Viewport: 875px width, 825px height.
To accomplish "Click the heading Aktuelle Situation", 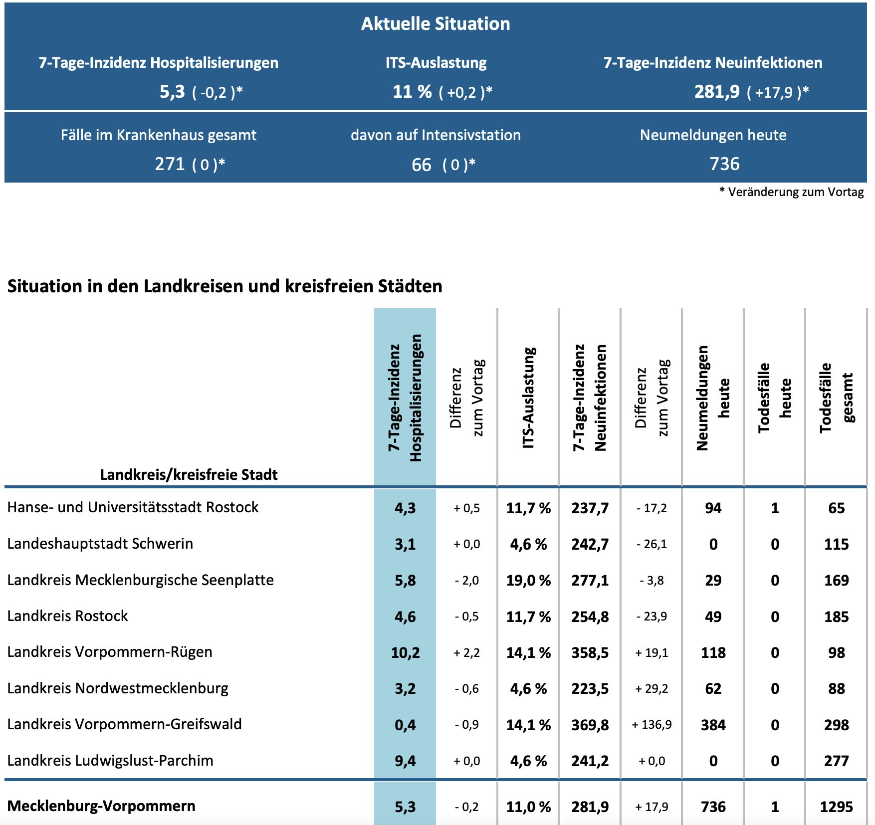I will [436, 23].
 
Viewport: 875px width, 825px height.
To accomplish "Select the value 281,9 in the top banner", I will [717, 92].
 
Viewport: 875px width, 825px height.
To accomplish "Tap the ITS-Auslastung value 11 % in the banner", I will [412, 92].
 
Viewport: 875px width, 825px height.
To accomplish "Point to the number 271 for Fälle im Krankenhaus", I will [170, 164].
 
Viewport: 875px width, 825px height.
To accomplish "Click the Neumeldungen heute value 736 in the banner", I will [724, 164].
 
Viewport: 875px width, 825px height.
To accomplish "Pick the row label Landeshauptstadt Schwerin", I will [100, 544].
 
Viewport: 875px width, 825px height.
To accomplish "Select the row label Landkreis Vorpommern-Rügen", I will [110, 652].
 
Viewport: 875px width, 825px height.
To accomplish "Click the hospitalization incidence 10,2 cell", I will [405, 652].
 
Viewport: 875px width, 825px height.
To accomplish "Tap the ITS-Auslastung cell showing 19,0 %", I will [528, 580].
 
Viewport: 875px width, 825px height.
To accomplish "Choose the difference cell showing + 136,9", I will [652, 725].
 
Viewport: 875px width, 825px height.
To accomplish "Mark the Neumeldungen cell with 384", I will [713, 725].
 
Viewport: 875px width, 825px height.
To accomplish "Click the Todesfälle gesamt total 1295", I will [836, 807].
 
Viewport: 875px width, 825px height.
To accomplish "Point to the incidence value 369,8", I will [590, 725].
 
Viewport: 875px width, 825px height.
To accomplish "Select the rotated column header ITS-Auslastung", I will [528, 398].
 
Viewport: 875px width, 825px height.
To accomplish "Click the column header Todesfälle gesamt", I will [836, 398].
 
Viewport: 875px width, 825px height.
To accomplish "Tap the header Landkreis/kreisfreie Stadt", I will [189, 474].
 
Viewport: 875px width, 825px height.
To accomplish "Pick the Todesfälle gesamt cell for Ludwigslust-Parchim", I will [836, 761].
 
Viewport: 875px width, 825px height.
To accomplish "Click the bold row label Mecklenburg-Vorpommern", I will [101, 806].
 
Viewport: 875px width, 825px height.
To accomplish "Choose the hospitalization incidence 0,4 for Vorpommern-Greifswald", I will [405, 725].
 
